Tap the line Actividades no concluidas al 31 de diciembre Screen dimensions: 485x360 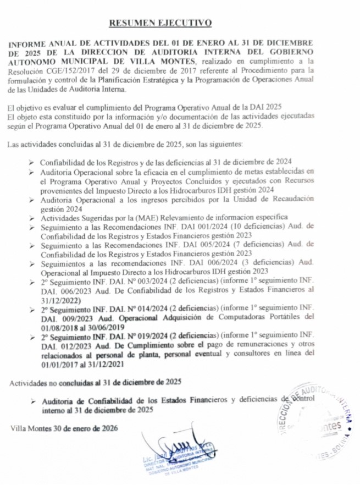click(x=95, y=382)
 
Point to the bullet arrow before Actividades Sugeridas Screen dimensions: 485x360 click(x=32, y=217)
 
